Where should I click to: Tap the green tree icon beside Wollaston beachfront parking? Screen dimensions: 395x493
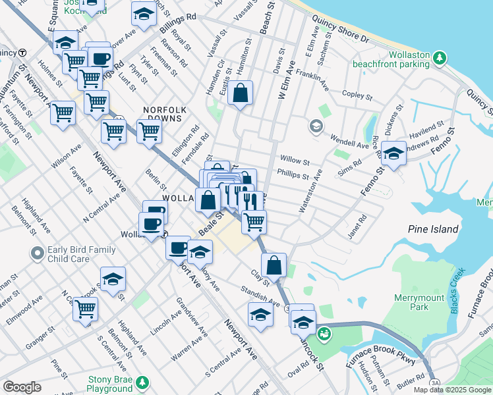point(438,59)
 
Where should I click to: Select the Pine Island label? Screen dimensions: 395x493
point(433,229)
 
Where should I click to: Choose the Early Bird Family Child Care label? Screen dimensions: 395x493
point(81,254)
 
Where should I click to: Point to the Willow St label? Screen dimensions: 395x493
point(295,160)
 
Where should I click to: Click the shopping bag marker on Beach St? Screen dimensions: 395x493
point(241,93)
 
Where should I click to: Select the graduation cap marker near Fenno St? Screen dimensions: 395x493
point(393,154)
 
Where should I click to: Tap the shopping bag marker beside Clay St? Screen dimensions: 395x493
point(274,265)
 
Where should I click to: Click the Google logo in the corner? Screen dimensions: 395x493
point(22,387)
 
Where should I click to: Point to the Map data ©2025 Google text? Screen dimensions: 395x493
point(452,390)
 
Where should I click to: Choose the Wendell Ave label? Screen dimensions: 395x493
point(349,143)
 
